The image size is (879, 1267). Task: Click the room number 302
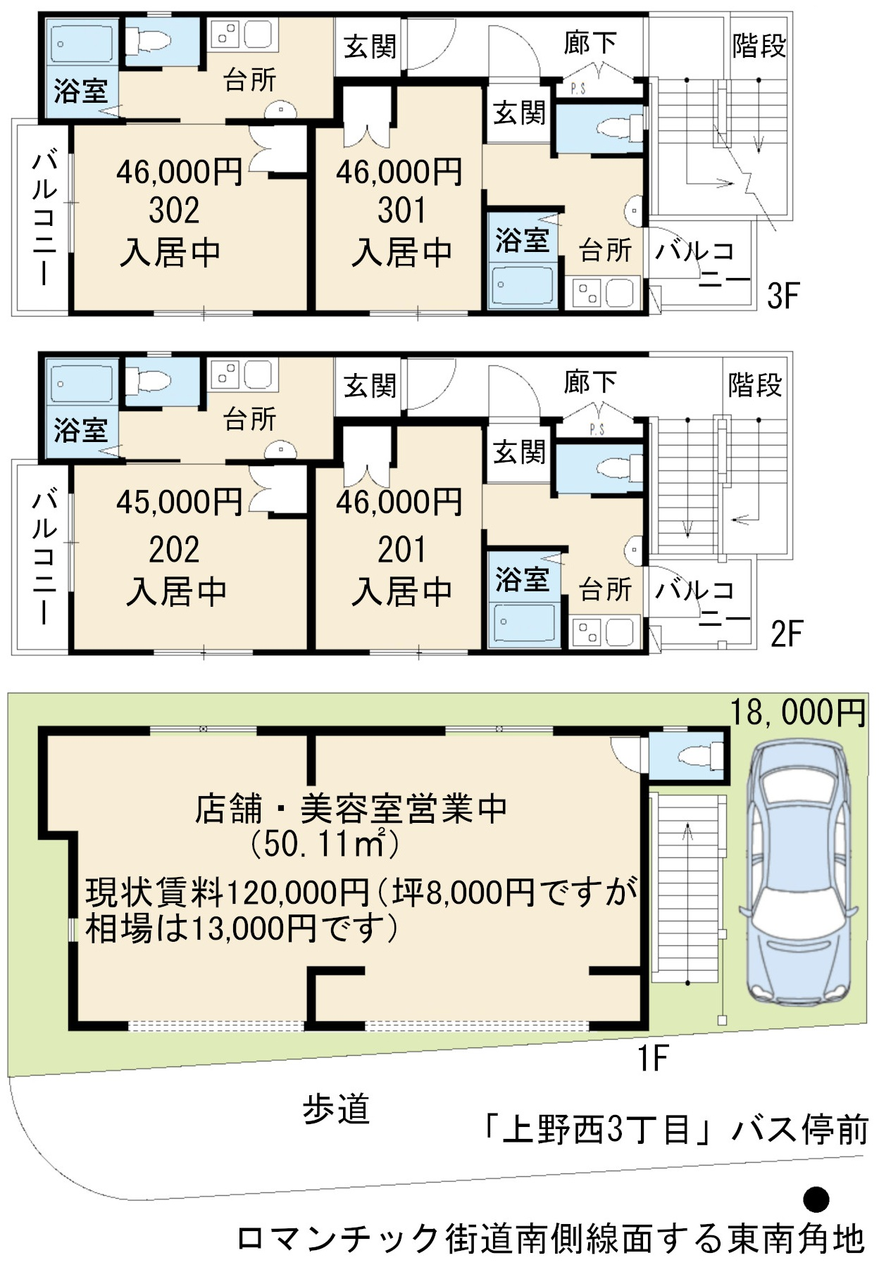[x=174, y=210]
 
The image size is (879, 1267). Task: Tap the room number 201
[x=401, y=550]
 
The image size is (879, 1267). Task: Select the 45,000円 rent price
[x=180, y=502]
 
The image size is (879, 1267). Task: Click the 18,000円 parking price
[x=797, y=712]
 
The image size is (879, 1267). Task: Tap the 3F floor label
[x=783, y=296]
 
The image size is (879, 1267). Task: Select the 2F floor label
[x=786, y=634]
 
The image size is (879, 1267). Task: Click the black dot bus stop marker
[x=816, y=1199]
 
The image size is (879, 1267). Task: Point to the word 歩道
[x=336, y=1110]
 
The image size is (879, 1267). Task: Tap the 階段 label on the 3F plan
[x=759, y=46]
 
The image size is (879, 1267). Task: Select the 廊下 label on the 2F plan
[x=590, y=382]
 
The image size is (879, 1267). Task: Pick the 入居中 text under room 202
[x=176, y=591]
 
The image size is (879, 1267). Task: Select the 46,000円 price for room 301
[x=399, y=172]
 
